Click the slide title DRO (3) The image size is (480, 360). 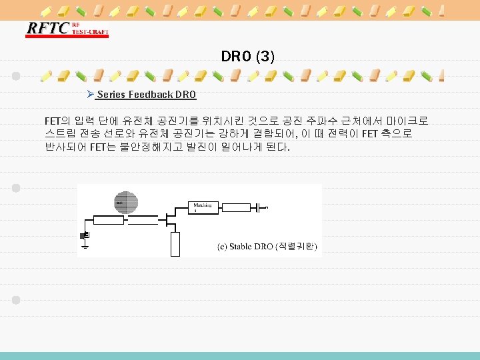247,57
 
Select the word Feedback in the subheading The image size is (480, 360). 150,95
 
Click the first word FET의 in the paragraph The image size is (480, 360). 57,121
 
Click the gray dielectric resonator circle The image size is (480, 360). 127,202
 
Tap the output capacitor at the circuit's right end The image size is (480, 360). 254,207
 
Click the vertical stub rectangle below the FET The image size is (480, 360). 175,244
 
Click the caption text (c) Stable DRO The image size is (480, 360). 245,247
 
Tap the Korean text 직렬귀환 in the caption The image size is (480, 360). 296,247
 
